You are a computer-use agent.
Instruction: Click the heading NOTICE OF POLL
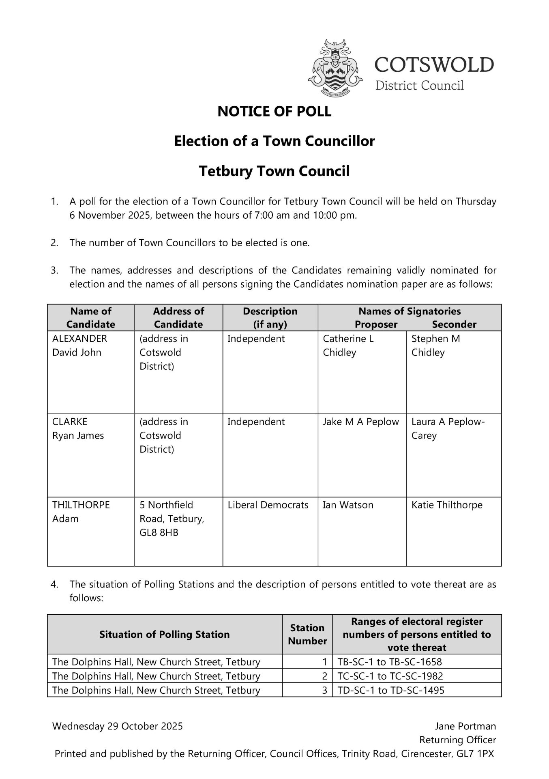point(274,112)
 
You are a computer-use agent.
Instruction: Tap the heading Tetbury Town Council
point(274,171)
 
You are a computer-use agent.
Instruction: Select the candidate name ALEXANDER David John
point(79,346)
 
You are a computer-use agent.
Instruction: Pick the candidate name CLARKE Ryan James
point(78,429)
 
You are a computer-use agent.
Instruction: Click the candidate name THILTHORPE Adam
point(81,512)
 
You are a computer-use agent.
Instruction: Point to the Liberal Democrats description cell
point(268,505)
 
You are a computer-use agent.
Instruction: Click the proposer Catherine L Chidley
point(348,346)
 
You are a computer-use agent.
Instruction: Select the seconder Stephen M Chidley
point(435,346)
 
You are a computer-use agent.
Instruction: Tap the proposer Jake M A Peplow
point(361,422)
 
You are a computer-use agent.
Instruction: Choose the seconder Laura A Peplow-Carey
point(448,429)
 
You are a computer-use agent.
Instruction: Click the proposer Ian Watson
point(348,505)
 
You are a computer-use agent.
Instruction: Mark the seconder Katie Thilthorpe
point(447,505)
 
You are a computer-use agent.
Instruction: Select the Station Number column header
point(307,635)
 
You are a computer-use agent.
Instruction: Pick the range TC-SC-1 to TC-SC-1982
point(390,676)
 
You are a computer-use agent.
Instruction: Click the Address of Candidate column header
point(178,318)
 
